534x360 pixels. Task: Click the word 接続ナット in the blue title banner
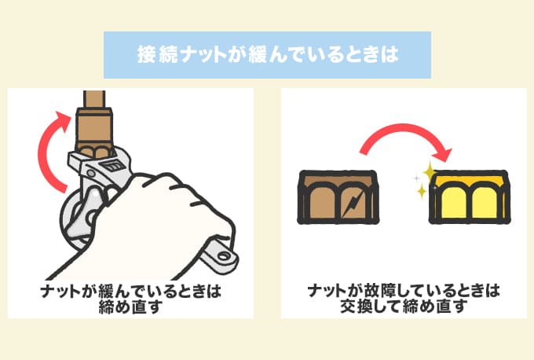[169, 55]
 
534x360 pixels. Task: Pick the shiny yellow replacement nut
[467, 197]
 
